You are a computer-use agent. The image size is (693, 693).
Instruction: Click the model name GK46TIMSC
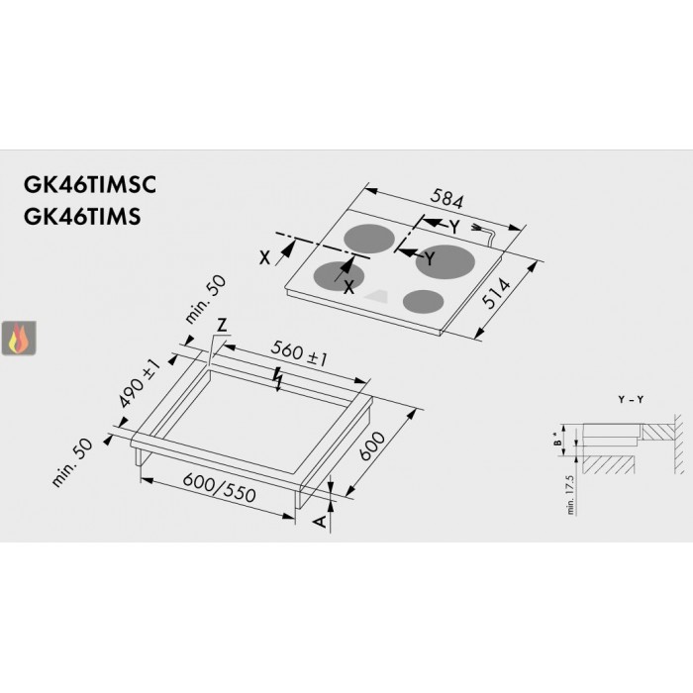tap(90, 185)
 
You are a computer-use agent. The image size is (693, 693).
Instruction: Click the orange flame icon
tap(17, 339)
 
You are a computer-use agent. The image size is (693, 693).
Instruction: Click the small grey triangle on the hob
tap(377, 295)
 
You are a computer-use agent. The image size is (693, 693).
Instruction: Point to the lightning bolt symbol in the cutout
tap(279, 377)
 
